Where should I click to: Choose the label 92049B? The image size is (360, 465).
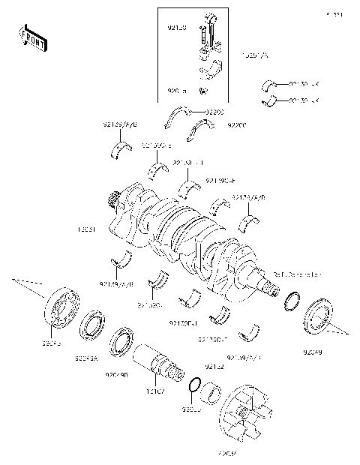coord(116,373)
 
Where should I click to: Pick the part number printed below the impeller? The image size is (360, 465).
coord(226,454)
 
